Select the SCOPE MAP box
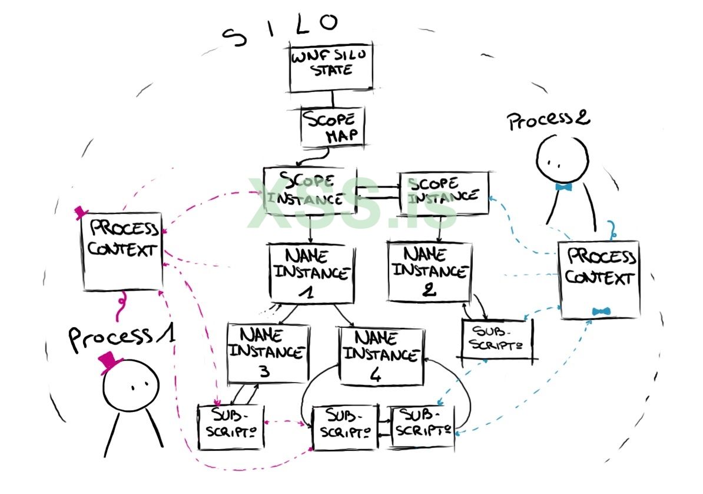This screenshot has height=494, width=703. coord(333,127)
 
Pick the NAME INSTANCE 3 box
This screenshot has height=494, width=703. coord(268,353)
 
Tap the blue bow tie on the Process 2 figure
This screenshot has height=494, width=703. coord(563,187)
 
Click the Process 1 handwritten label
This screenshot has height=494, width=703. coord(121,337)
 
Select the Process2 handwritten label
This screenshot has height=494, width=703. coord(548,120)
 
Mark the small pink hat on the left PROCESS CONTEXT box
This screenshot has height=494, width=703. coord(81,213)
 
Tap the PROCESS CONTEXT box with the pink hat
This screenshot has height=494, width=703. coord(122,251)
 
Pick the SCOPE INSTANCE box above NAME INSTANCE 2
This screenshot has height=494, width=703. coord(444,193)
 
